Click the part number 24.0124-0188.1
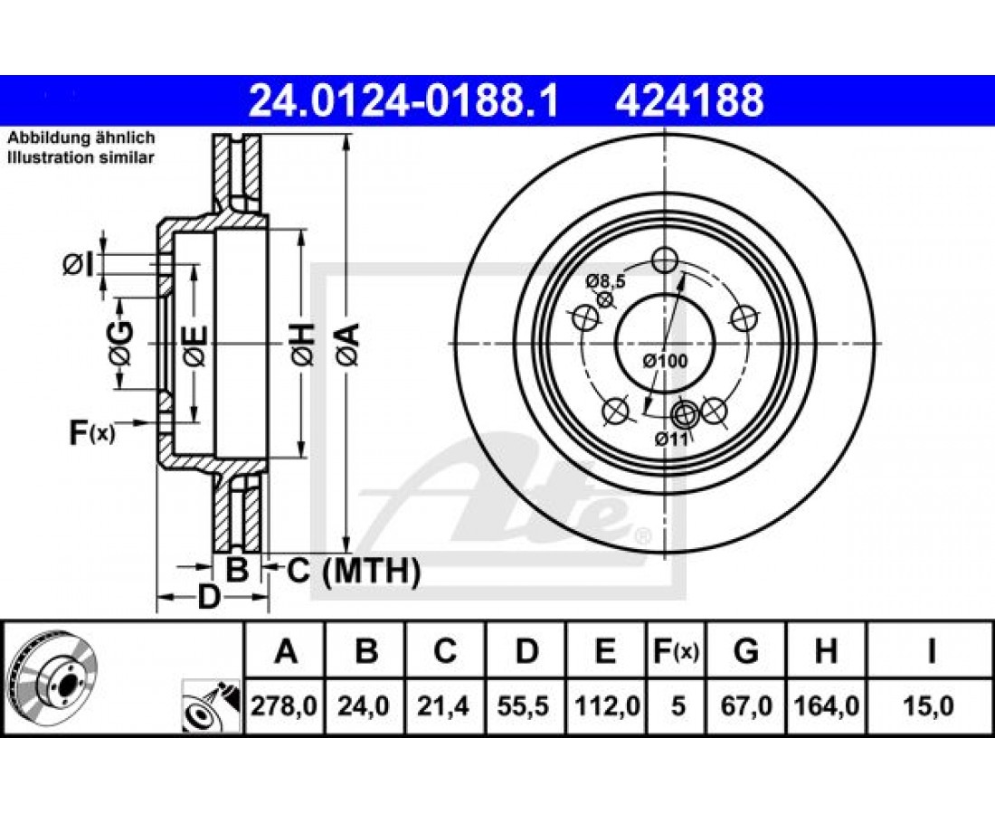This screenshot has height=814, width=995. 403,101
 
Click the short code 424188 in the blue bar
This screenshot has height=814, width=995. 689,101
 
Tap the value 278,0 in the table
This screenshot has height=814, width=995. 284,705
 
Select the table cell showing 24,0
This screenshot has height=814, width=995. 365,705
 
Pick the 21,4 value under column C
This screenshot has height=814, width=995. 444,705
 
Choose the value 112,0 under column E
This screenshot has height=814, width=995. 606,705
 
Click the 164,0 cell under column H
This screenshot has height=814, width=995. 826,705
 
